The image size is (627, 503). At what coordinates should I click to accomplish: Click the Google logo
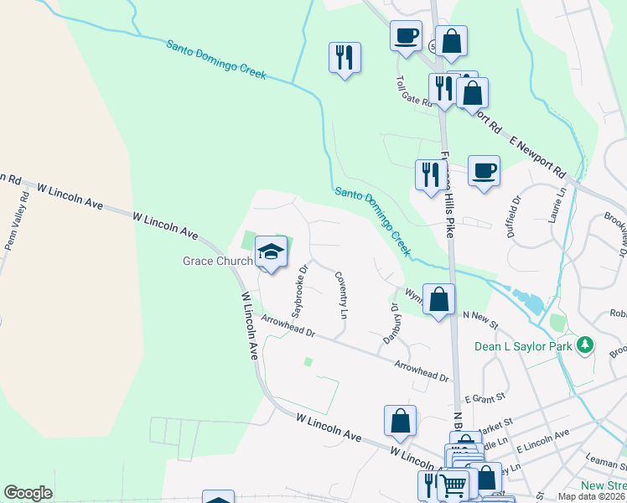click(28, 493)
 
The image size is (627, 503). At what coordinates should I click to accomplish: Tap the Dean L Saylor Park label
click(523, 345)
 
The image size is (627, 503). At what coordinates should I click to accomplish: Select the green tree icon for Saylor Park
click(586, 345)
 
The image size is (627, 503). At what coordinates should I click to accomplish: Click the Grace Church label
click(218, 261)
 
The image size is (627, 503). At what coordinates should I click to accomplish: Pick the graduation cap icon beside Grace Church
click(272, 251)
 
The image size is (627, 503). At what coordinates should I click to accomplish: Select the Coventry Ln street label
click(341, 293)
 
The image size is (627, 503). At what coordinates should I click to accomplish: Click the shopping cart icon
click(453, 485)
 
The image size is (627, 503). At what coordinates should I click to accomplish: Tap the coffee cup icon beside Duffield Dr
click(484, 171)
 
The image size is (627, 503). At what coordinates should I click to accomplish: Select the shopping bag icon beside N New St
click(438, 298)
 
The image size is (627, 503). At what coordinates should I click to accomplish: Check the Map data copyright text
click(592, 496)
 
